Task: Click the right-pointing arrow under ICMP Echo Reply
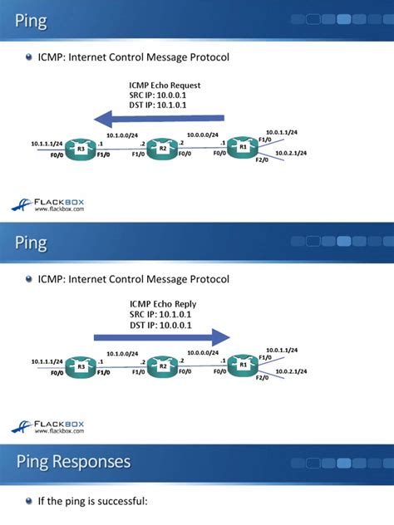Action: tap(161, 336)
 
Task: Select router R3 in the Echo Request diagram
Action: tap(82, 150)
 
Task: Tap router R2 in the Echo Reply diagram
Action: tap(164, 366)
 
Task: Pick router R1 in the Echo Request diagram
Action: tap(243, 147)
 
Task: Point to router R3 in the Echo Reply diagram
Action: tap(82, 366)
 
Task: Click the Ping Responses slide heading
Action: tap(72, 460)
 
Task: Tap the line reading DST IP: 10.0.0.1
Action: tap(160, 326)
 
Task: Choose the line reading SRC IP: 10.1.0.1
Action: tap(160, 315)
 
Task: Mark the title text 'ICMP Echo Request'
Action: tap(165, 85)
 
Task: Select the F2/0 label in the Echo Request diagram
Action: tap(261, 160)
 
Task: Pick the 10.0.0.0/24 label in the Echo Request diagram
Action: tap(203, 134)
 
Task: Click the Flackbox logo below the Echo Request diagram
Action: tap(47, 203)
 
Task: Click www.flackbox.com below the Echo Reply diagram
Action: tap(58, 431)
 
